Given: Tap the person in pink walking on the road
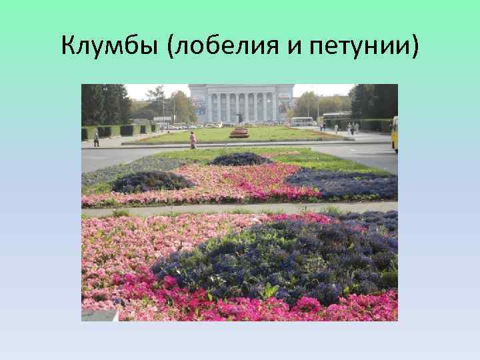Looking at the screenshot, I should point(193,139).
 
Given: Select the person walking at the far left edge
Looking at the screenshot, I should point(96,138).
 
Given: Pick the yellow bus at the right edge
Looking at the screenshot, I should point(394,133).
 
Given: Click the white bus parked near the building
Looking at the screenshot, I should point(302,121).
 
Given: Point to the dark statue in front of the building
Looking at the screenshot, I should point(239,118).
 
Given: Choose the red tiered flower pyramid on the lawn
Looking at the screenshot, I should point(239,132).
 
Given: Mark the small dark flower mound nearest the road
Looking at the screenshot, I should point(241,159).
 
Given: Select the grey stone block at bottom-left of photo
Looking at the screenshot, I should point(100,314).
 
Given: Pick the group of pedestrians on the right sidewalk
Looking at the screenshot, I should point(352,127).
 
